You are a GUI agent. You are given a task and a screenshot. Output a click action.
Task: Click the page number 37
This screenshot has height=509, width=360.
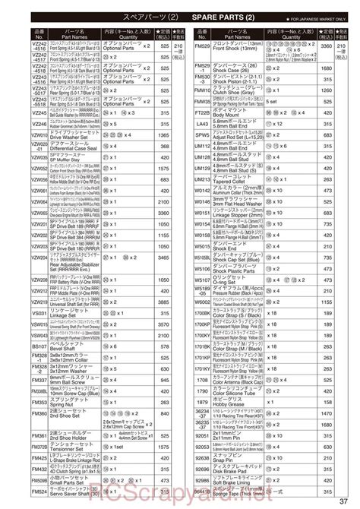coord(346,497)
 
